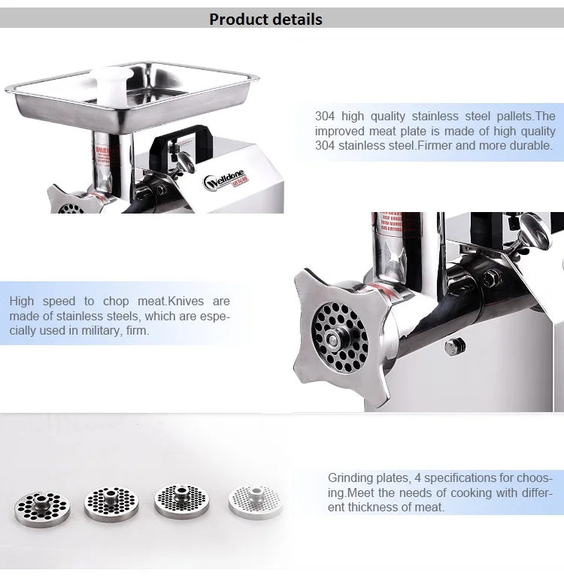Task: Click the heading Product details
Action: click(x=265, y=19)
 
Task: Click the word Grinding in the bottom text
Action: click(x=350, y=478)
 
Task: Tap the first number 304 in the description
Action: click(x=326, y=116)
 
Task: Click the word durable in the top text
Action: click(x=530, y=145)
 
